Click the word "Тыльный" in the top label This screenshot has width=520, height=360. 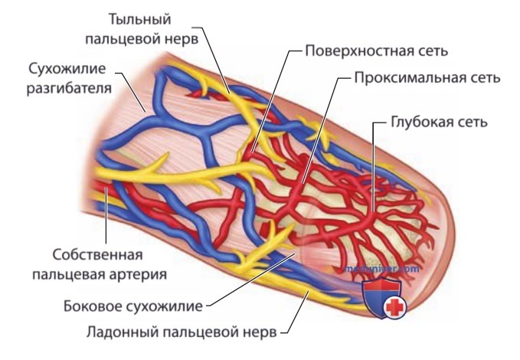(x=140, y=19)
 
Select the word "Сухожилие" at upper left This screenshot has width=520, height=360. (x=67, y=69)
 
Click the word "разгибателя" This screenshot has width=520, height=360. (x=69, y=89)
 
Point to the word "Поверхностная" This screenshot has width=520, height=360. (x=357, y=51)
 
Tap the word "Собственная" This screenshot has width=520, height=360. (x=97, y=255)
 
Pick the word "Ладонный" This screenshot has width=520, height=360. (x=121, y=332)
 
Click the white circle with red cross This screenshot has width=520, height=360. (x=395, y=308)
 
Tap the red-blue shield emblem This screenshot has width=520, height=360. (x=383, y=297)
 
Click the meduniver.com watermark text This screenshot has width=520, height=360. (x=381, y=268)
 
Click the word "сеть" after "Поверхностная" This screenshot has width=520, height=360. (x=430, y=51)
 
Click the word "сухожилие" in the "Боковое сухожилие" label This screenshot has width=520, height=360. (x=162, y=306)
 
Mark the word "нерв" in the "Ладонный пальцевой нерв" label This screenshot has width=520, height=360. (x=260, y=332)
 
